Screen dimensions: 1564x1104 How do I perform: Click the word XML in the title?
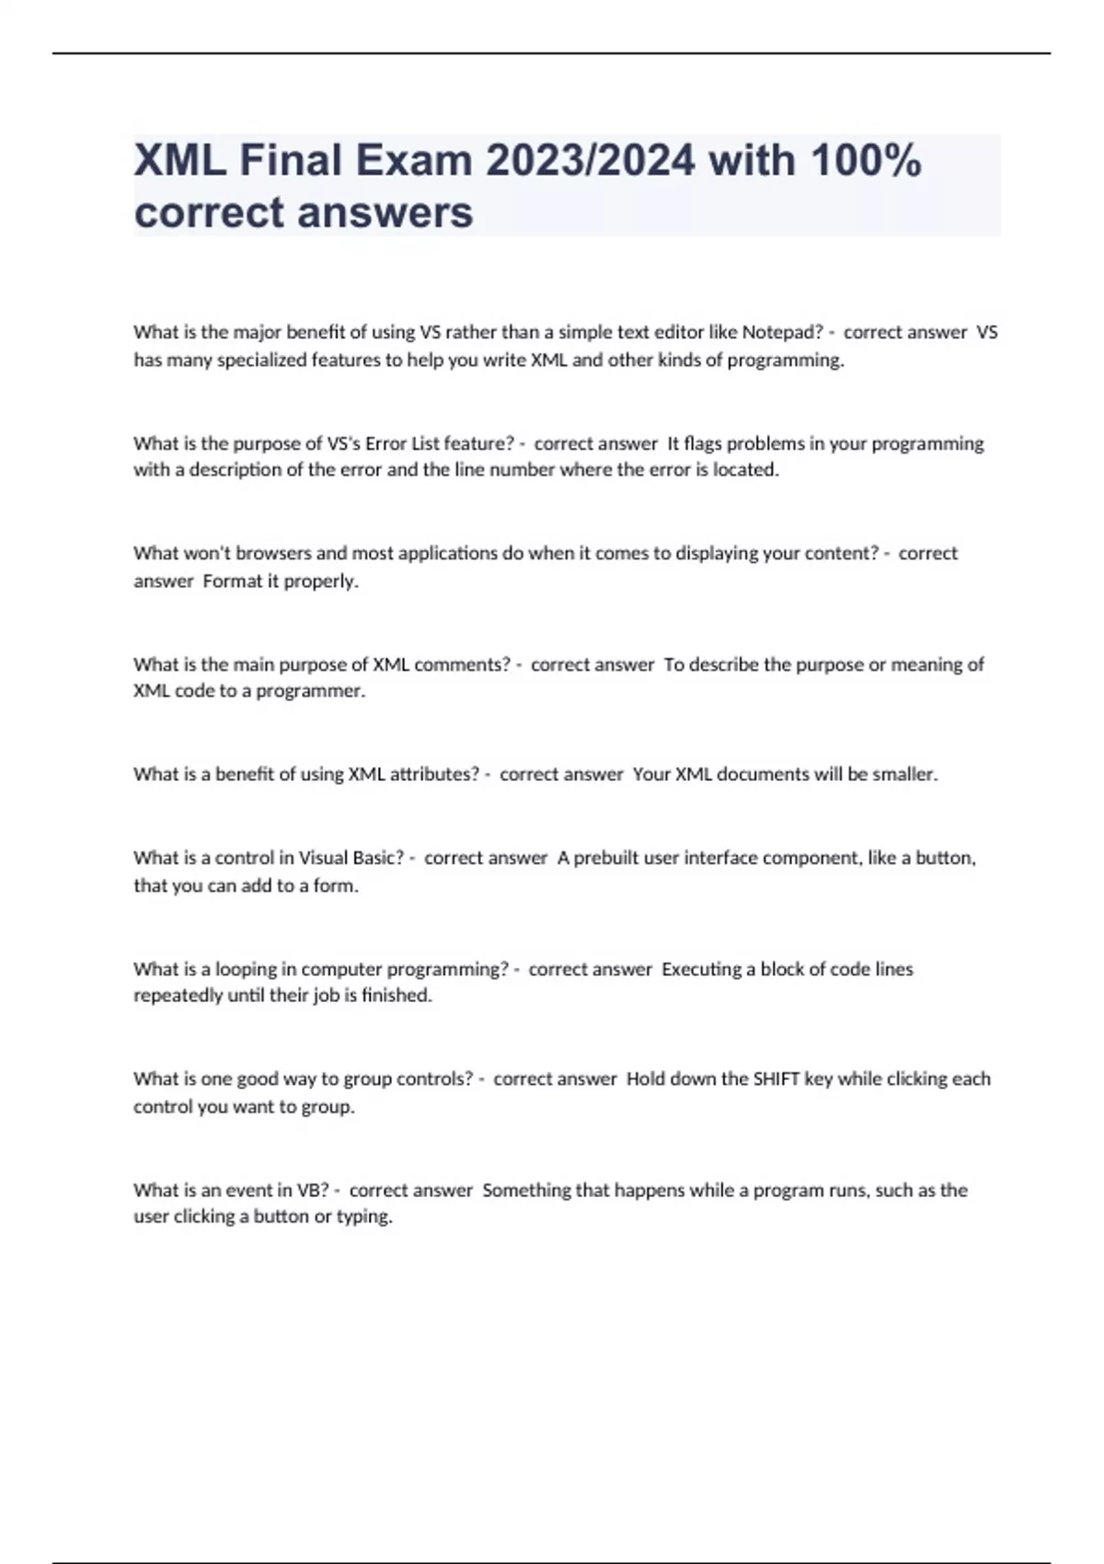tap(180, 161)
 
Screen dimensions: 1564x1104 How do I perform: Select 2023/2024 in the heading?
tap(590, 161)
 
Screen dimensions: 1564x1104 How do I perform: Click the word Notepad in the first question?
tap(782, 332)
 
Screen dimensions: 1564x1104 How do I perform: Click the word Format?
tap(232, 581)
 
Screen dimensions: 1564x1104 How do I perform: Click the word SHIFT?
tap(776, 1078)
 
